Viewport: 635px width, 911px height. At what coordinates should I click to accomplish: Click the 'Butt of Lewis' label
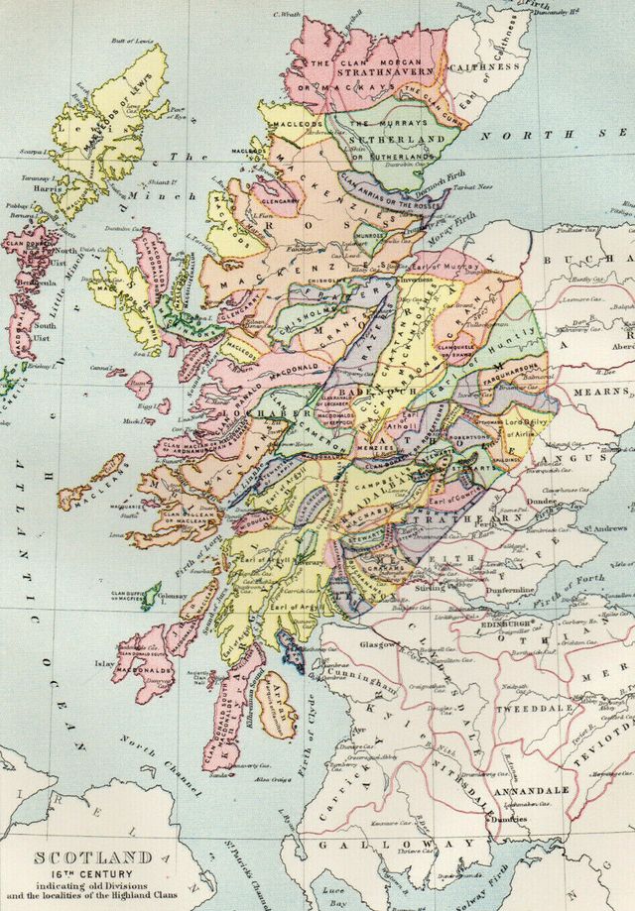pos(134,41)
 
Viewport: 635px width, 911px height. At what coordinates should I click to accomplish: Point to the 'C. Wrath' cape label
pos(287,15)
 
